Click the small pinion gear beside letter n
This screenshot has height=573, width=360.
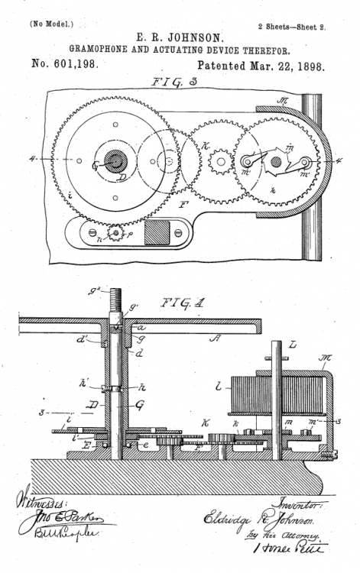pos(115,231)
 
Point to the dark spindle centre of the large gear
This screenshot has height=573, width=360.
pos(116,160)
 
